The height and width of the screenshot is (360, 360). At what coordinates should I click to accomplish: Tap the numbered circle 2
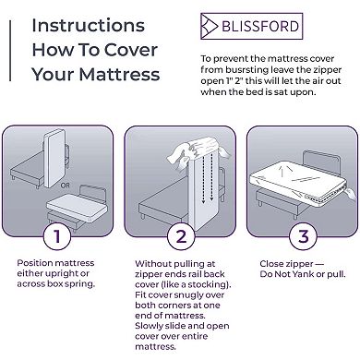(x=180, y=236)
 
